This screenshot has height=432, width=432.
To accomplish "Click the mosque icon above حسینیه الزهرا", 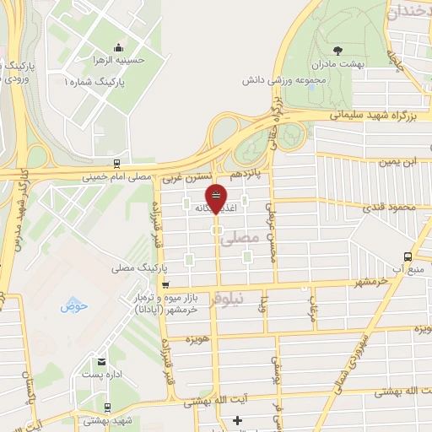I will pos(118,48).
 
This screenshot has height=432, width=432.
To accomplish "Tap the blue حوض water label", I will pos(74,306).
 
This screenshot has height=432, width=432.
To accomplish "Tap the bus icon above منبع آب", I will pos(409,256).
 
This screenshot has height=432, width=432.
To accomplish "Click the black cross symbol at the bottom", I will pos(237,419).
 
